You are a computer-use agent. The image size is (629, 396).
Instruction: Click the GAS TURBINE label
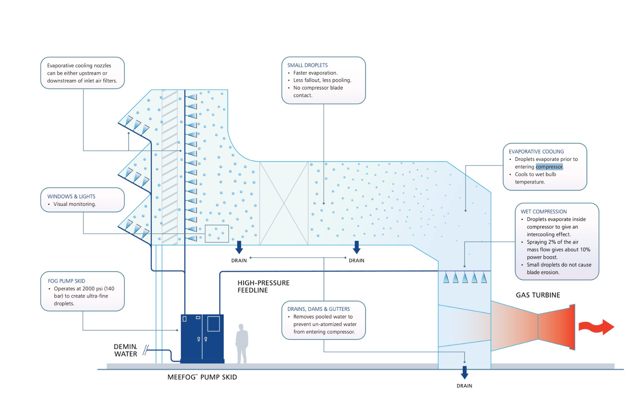pos(538,295)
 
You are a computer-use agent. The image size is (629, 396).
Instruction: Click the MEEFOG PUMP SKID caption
pos(202,377)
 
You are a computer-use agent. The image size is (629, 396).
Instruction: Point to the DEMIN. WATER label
pos(125,350)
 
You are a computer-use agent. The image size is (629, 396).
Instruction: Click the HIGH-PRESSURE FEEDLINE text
pos(263,286)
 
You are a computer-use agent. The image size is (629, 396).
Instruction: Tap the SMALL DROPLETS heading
pos(307,65)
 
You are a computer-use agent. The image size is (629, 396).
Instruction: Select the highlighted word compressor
pos(549,167)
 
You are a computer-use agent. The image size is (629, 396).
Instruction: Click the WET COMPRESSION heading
pos(544,212)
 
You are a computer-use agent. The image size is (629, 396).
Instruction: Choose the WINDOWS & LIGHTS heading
pos(71,197)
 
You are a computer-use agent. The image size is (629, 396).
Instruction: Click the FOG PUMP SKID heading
pos(66,281)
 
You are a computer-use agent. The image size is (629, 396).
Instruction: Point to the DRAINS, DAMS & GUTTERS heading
pos(319,309)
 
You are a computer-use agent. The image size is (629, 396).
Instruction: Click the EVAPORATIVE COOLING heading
pos(536,152)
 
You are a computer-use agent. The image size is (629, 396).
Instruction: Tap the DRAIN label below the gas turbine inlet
pos(464,386)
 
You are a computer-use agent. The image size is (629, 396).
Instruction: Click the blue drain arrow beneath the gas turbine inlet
pos(464,372)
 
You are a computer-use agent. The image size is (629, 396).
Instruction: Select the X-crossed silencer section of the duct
pos(284,203)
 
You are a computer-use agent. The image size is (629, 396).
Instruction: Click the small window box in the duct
pos(216,234)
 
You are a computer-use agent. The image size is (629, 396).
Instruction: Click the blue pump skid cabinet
pos(202,338)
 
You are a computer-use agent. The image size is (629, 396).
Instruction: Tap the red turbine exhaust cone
pos(556,327)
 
